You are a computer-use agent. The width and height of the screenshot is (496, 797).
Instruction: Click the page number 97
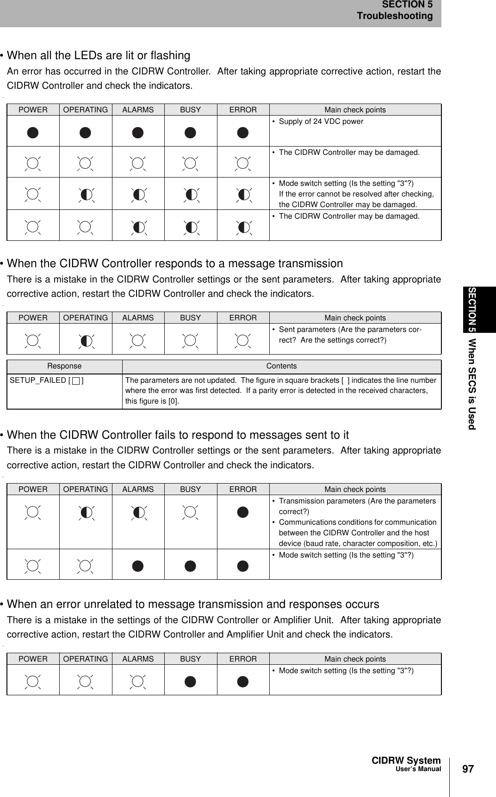click(468, 769)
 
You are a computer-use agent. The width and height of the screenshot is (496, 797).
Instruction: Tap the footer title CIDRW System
click(406, 760)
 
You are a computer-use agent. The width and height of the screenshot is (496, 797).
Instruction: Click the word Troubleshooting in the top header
click(394, 16)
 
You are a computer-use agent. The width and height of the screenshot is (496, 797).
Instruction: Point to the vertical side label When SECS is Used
click(471, 384)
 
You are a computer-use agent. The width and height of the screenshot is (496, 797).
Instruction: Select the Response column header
click(64, 366)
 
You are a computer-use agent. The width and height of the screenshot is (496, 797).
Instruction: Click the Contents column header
click(281, 366)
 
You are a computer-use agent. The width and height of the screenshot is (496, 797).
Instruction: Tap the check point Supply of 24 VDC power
click(321, 122)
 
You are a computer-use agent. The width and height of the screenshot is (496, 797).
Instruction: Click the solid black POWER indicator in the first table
click(33, 133)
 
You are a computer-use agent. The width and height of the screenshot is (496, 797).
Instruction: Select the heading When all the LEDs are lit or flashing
click(98, 55)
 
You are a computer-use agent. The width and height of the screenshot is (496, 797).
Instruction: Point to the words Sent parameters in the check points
click(307, 330)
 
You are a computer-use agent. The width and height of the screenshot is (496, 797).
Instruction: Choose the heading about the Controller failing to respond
click(178, 435)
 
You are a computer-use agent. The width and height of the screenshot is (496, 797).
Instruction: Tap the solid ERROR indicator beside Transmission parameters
click(243, 512)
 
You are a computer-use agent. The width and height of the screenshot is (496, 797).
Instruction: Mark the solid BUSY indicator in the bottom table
click(190, 682)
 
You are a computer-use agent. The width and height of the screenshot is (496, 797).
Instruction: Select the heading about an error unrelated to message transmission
click(193, 604)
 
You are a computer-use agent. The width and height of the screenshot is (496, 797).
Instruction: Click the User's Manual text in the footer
click(418, 769)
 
